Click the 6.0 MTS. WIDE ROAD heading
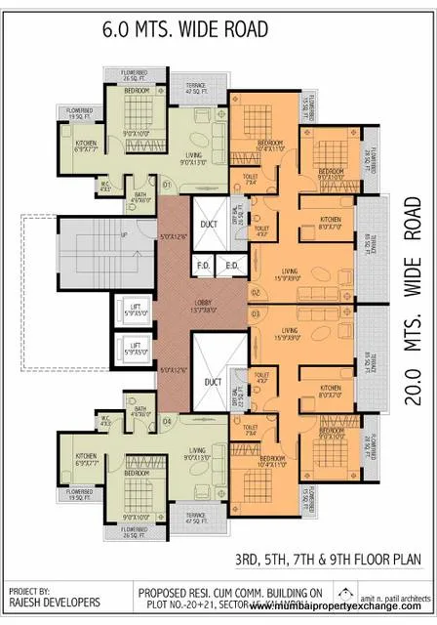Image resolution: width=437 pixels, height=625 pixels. point(184,29)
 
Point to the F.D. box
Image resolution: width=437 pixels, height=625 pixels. point(205,265)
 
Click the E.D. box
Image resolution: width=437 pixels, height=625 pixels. point(233,265)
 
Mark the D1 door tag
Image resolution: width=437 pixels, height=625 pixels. point(167,184)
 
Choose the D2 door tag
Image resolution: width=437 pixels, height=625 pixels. point(256,292)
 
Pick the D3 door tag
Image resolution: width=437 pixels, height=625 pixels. point(256,314)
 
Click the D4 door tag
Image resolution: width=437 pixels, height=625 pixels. point(167,422)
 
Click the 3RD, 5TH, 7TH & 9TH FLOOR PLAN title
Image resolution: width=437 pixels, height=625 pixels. point(333,559)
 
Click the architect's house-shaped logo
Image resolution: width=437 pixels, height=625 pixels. point(347,593)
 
